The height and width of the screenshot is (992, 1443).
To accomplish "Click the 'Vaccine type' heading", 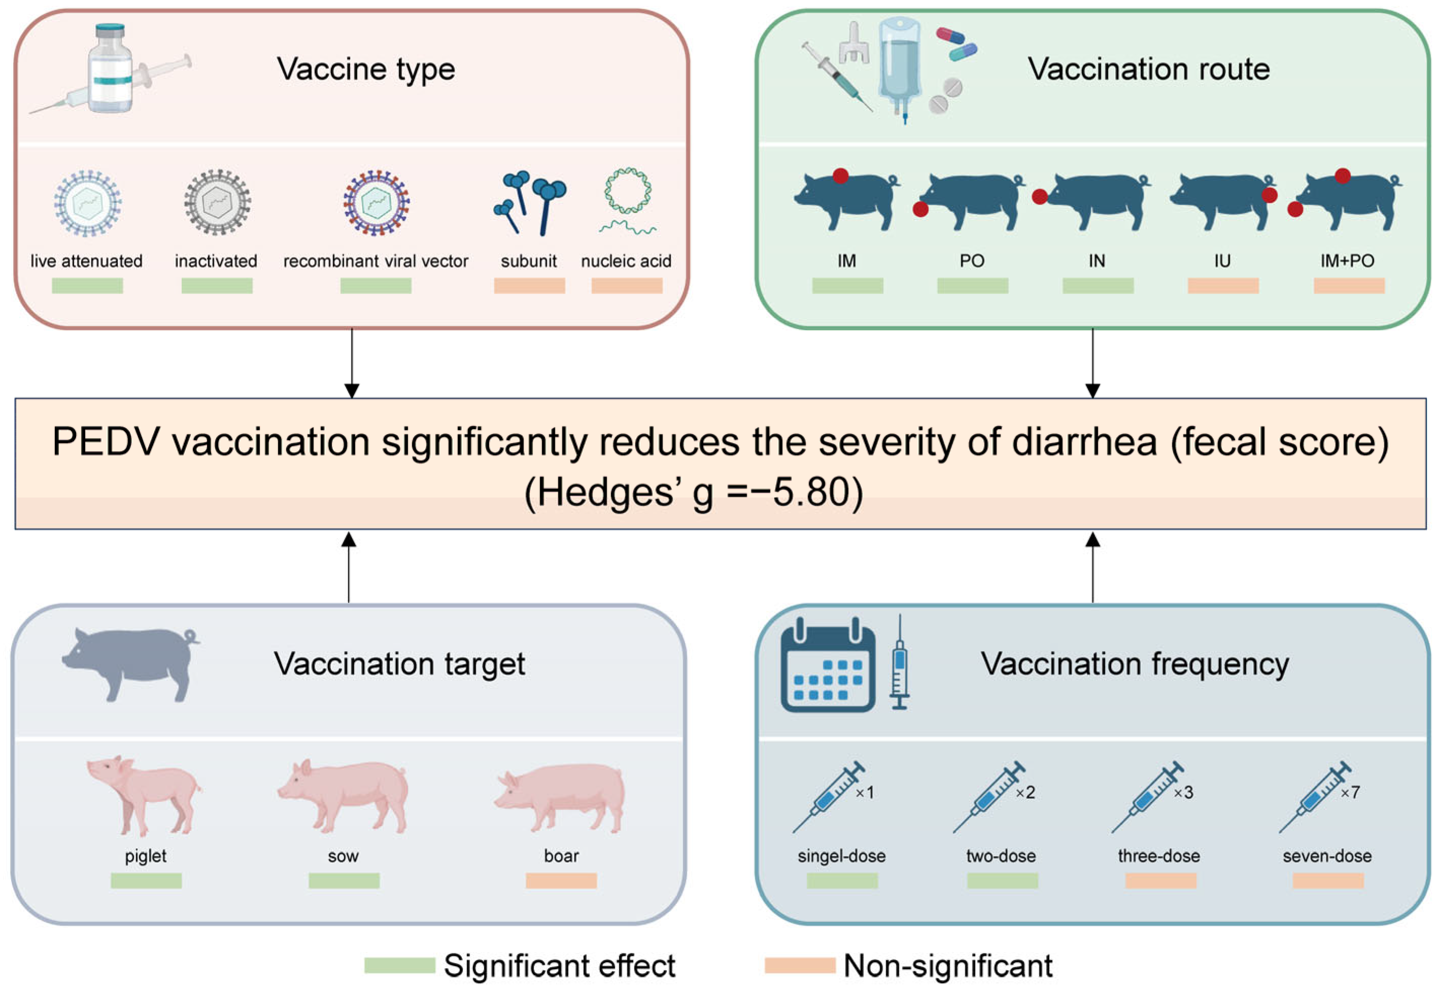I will (x=366, y=69).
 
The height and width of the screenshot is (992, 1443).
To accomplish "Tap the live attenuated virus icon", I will (x=87, y=203).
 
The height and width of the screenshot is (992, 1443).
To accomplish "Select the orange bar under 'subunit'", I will (x=529, y=286).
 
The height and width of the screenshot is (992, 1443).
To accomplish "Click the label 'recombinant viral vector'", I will (x=376, y=261).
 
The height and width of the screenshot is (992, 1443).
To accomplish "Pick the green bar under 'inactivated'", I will (x=216, y=286).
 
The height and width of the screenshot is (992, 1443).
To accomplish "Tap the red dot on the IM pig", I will (x=841, y=176).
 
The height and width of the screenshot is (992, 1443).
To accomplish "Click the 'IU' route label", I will (x=1222, y=261).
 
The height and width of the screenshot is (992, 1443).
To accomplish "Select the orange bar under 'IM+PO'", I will (x=1349, y=286).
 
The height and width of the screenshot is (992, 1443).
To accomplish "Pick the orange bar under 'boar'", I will (x=561, y=881).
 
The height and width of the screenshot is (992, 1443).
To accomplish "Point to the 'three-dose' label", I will (x=1159, y=856).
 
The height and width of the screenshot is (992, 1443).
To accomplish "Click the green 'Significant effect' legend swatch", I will (x=399, y=965).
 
